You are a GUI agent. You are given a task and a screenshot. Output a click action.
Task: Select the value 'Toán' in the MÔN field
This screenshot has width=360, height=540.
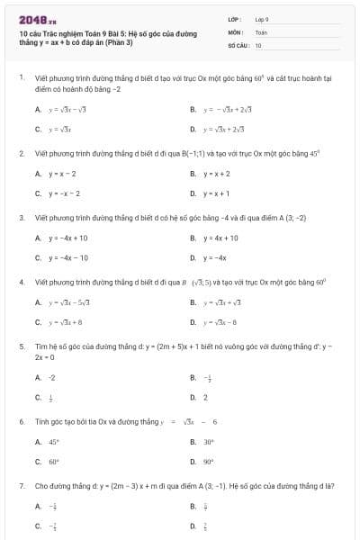[x=261, y=31]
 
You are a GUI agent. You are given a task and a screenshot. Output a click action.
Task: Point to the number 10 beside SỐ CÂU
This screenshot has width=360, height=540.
[x=258, y=44]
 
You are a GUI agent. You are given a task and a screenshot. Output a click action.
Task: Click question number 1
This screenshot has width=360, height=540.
[x=21, y=77]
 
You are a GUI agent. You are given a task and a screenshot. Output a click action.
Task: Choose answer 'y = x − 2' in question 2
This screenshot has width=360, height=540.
[x=63, y=173]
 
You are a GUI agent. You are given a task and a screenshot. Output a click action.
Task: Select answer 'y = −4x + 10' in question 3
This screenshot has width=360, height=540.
[x=68, y=238]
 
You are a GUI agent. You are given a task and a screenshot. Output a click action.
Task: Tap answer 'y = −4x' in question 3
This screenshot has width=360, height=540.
[x=213, y=257]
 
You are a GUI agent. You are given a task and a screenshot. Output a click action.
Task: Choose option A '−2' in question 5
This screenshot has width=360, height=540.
[x=51, y=377]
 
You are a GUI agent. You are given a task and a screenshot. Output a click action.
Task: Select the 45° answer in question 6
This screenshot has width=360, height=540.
[x=53, y=442]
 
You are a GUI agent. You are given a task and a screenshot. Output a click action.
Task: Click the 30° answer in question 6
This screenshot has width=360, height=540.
[x=208, y=442]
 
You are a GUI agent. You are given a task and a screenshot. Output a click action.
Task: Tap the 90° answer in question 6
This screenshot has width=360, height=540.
[x=208, y=462]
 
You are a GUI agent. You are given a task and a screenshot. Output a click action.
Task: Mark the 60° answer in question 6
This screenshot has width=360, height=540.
[x=53, y=462]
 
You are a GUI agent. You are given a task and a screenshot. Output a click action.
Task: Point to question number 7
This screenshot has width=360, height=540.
[x=21, y=486]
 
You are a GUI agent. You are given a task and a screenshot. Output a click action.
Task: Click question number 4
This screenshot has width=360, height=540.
[x=21, y=282]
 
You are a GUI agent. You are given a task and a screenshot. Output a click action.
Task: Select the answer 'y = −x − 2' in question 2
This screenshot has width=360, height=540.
[x=65, y=193]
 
